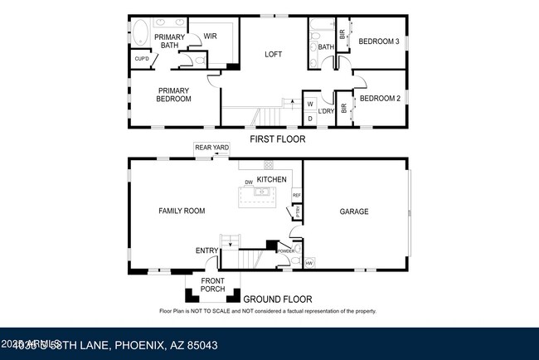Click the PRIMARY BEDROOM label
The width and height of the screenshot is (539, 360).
[173, 95]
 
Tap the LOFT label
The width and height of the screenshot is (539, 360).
[273, 54]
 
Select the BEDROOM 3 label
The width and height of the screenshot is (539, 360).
[380, 41]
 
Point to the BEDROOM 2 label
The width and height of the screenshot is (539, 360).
[380, 99]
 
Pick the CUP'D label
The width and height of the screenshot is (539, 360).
[141, 59]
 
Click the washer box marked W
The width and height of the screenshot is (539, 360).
[310, 105]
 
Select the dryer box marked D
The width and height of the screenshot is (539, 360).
[310, 119]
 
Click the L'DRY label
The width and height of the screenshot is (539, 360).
[327, 111]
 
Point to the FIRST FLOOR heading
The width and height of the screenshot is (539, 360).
[277, 139]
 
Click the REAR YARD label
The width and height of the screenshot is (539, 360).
[211, 148]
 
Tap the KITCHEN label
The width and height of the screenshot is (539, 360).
[271, 179]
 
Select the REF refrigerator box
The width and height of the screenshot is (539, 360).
[296, 196]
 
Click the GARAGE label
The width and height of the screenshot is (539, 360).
[354, 212]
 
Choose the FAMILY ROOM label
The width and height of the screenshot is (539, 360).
[182, 212]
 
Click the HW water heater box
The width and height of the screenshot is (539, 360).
[309, 264]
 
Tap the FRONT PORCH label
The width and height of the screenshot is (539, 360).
[212, 285]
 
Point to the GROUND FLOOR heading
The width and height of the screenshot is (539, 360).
[278, 299]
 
